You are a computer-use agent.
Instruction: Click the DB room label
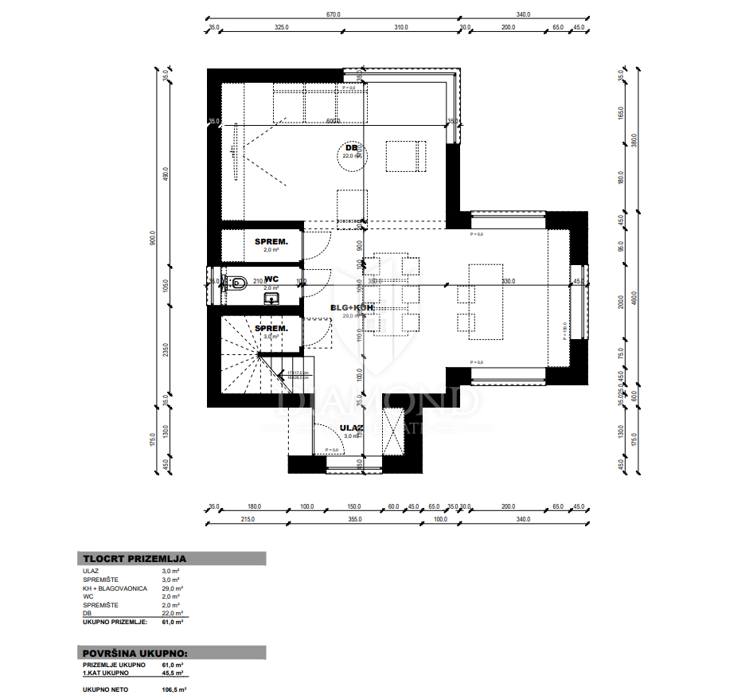351,148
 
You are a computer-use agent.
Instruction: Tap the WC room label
271,279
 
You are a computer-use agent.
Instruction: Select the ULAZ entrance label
351,428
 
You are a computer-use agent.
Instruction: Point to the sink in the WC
272,298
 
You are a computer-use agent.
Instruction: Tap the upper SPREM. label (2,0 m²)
271,241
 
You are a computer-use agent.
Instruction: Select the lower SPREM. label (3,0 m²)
271,328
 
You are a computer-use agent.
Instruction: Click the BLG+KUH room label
352,307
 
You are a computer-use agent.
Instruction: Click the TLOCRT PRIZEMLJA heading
134,559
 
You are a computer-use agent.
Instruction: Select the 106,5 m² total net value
174,689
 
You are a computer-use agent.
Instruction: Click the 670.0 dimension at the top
332,14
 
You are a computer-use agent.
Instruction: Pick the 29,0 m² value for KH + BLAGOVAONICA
171,588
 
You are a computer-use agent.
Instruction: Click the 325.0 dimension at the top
281,27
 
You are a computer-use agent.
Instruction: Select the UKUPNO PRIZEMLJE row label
114,621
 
